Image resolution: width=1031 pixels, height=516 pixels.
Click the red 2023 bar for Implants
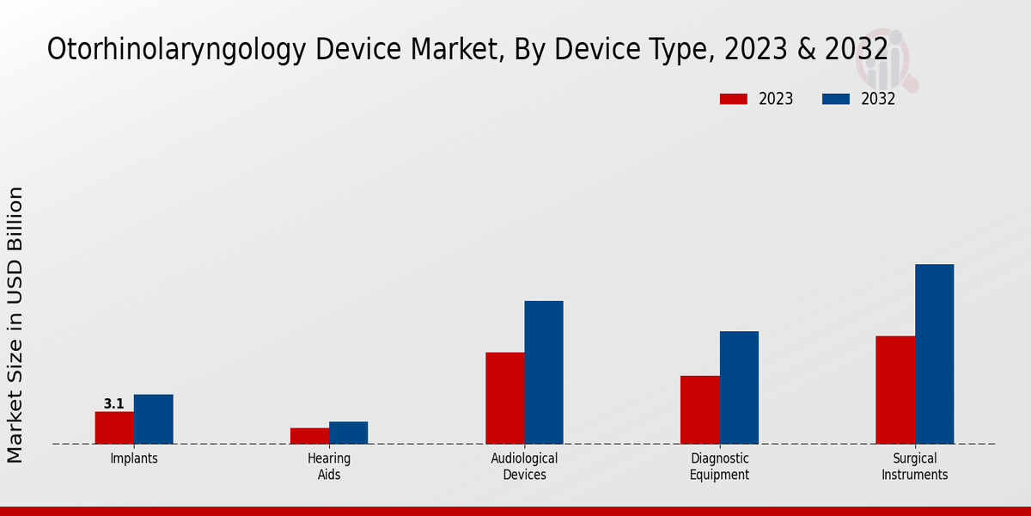point(114,427)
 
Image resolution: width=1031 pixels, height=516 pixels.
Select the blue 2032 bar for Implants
point(153,419)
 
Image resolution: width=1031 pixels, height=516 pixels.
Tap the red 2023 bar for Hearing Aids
point(309,435)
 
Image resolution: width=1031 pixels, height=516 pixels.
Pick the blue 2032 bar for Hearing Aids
point(348,433)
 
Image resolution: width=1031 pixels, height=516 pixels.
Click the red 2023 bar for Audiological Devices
point(504,397)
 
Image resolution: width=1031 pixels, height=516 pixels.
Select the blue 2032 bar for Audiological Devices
point(544,372)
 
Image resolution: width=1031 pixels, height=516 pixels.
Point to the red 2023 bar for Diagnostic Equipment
point(699,409)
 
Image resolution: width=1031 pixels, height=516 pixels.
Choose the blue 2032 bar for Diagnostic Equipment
point(739,387)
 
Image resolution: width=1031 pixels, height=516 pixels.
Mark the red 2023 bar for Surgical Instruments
point(895,390)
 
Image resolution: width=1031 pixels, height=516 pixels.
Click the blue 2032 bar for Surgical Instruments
point(934,353)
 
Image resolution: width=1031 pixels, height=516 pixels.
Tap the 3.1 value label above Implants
point(114,403)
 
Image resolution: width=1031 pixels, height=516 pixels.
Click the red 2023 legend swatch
point(733,99)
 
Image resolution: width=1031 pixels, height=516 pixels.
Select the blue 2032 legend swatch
point(835,99)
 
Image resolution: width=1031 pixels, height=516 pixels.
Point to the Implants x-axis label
point(134,458)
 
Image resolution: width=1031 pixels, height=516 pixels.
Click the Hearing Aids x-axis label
point(329,466)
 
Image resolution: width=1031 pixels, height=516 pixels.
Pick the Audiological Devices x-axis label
point(524,466)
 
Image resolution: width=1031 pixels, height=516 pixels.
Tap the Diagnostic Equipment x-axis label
point(719,466)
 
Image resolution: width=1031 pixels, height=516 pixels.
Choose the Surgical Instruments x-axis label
point(914,466)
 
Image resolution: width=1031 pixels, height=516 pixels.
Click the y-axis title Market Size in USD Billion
point(15,324)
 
